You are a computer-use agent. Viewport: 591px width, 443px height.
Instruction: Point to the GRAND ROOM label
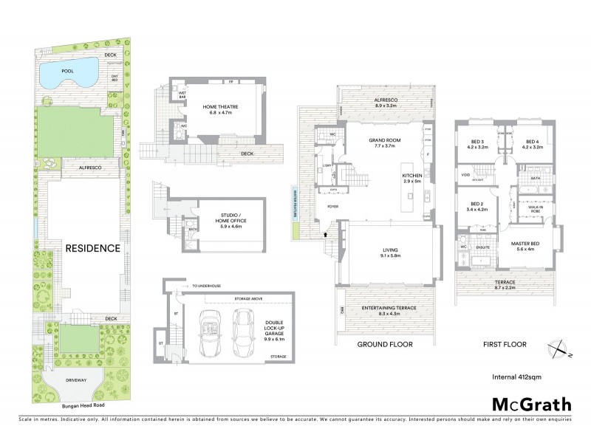(x=384, y=140)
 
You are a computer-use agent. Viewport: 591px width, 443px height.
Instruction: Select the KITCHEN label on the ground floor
(x=411, y=175)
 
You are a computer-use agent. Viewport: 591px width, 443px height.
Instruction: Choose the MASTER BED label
(x=530, y=244)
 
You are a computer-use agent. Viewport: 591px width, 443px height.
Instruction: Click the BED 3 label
(x=478, y=143)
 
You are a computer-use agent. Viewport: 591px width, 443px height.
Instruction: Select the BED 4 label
(x=533, y=143)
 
